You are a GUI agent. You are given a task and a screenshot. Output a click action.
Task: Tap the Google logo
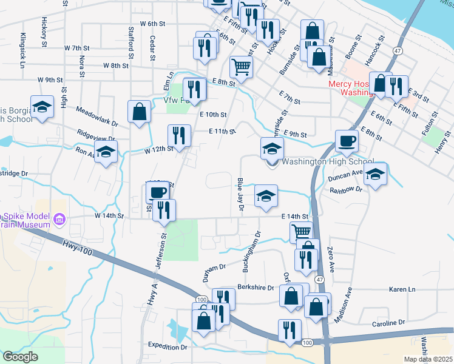(21, 357)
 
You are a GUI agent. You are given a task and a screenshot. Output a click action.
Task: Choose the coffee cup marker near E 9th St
(347, 141)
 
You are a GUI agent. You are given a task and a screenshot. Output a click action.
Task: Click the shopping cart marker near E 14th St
(302, 231)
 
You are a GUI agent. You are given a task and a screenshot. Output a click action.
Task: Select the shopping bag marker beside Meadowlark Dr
(139, 112)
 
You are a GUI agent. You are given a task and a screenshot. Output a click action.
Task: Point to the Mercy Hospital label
(350, 89)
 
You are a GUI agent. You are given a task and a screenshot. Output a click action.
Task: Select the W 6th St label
(152, 24)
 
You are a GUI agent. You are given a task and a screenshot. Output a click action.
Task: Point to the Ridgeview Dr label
(98, 133)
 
